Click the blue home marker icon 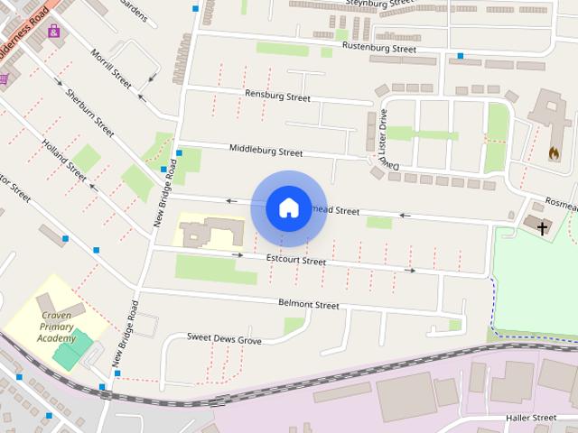[x=288, y=207]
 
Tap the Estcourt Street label [x=296, y=261]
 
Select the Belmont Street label [x=309, y=305]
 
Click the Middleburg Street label [x=266, y=152]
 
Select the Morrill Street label [x=112, y=68]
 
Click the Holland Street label [x=69, y=160]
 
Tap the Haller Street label [x=531, y=418]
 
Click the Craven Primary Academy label [x=56, y=327]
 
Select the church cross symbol [x=542, y=228]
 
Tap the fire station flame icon [x=553, y=153]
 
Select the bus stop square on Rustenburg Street [x=460, y=56]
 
